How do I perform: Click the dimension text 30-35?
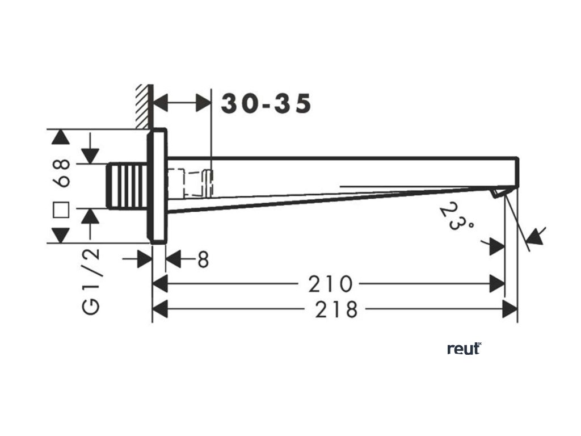coord(266,104)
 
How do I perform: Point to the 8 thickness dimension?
coord(203,259)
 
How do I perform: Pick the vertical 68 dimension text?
coord(62,173)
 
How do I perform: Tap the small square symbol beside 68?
coord(61,211)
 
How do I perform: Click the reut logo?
coord(464,348)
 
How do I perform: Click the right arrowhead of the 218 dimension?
coord(510,309)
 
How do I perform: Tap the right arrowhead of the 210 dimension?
coord(498,283)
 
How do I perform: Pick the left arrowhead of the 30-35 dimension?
coord(162,104)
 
